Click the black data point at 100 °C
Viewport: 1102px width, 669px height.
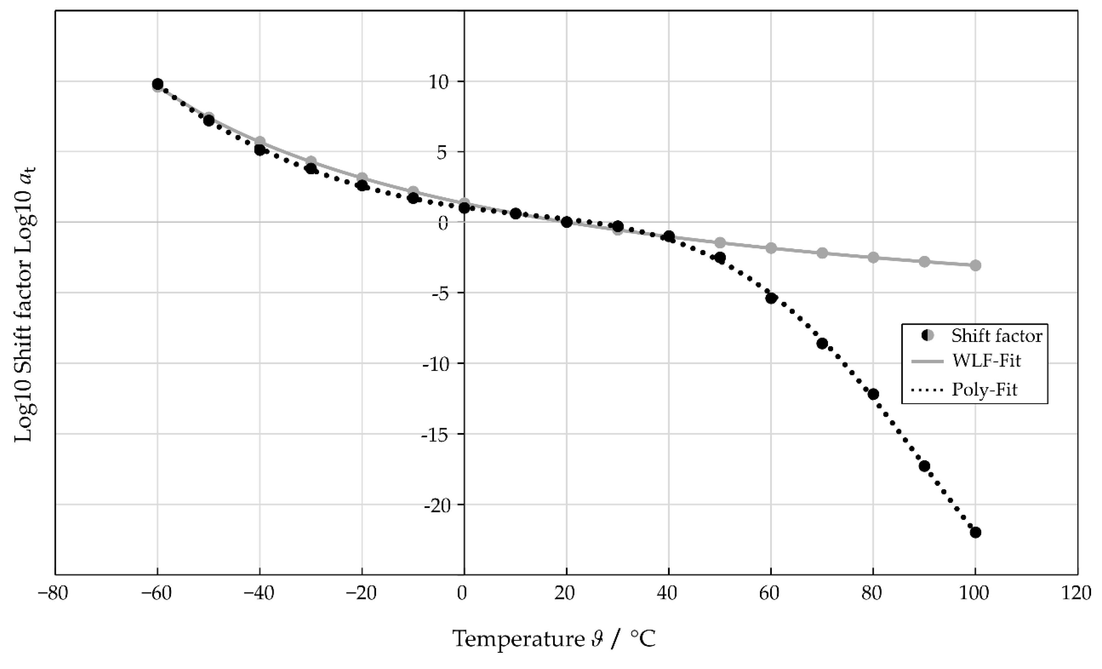(975, 532)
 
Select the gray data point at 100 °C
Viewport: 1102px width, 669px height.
(975, 265)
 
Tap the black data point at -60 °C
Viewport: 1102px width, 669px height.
(157, 84)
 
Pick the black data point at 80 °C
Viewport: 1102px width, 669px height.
(873, 394)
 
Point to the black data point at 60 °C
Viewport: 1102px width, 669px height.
(771, 298)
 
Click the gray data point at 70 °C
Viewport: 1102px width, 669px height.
(822, 253)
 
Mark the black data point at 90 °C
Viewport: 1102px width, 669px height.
(924, 466)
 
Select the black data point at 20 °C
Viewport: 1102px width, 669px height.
(567, 222)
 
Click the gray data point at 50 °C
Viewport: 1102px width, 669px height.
(720, 243)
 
